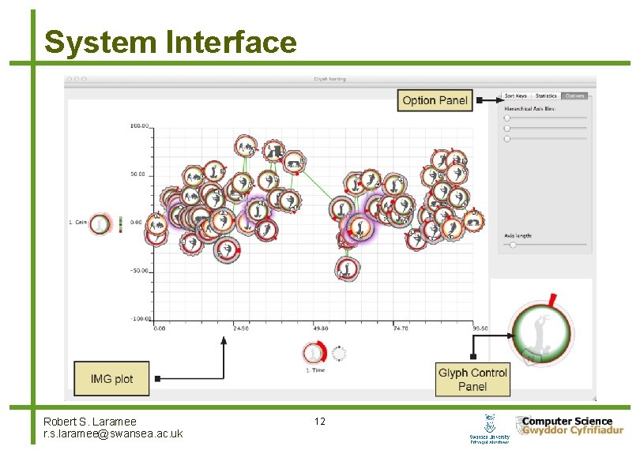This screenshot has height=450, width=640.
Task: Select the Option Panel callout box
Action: point(435,100)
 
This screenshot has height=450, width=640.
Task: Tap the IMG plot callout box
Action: point(112,379)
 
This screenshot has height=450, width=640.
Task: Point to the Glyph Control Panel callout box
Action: point(472,379)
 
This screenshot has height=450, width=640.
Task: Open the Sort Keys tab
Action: point(515,96)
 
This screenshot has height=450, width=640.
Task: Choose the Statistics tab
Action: point(546,96)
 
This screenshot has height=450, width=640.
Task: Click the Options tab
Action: point(574,96)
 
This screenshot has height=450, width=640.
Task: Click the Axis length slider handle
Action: point(513,245)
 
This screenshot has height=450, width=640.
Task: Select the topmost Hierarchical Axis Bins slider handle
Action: point(507,118)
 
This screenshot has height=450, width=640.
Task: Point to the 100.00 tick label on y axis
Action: point(141,126)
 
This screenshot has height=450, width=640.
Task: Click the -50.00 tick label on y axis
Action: point(139,271)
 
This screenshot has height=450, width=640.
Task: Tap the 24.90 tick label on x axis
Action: point(240,328)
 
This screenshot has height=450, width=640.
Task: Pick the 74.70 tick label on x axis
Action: point(401,328)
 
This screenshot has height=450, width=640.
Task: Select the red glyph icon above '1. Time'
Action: point(314,352)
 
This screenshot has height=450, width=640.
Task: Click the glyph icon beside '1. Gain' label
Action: point(100,224)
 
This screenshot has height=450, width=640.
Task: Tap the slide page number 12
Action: point(319,422)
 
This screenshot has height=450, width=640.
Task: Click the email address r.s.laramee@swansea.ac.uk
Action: point(113,433)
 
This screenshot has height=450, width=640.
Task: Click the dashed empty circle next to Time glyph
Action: point(340,353)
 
